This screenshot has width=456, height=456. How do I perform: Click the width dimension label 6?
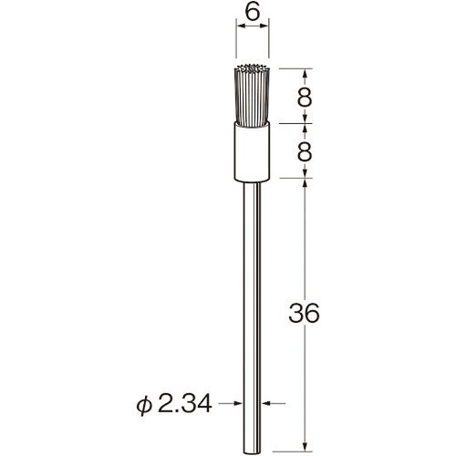coord(253,13)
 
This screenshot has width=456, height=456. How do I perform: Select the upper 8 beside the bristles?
coord(305,97)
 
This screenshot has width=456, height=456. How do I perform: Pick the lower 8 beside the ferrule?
coord(305,151)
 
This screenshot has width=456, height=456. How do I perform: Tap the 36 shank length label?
coord(304,313)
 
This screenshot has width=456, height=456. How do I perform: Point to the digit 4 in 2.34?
coord(204,404)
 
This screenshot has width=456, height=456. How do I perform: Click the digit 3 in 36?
coord(296,313)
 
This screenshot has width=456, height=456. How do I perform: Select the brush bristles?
coord(252,95)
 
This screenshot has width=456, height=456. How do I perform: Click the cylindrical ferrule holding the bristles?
coord(252,151)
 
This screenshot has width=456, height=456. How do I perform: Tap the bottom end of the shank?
coord(252,451)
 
